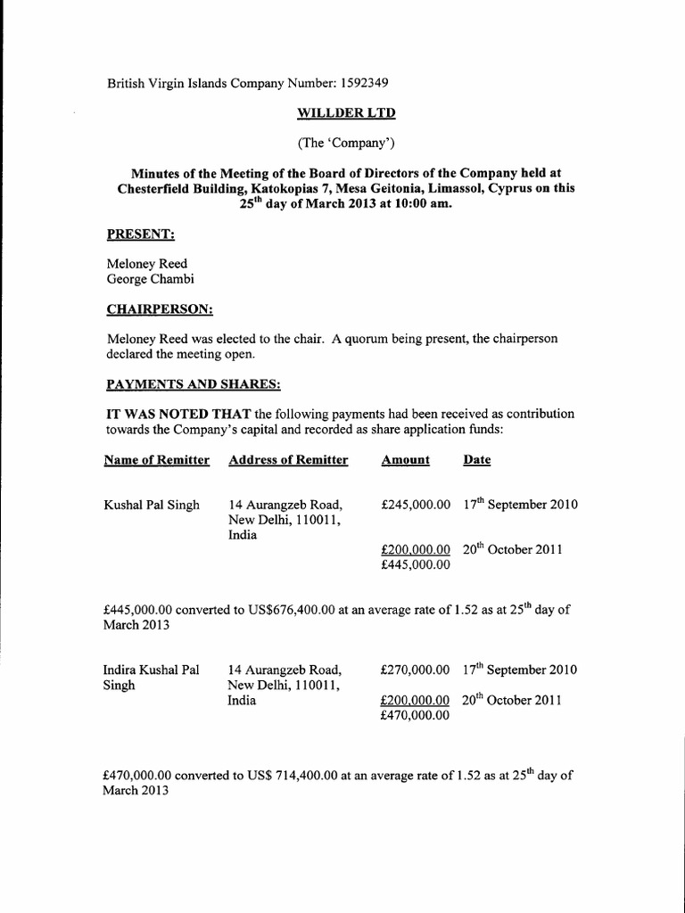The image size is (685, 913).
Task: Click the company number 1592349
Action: click(x=363, y=84)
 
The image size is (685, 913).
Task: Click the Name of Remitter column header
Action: click(x=157, y=460)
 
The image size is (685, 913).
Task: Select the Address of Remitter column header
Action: click(x=288, y=460)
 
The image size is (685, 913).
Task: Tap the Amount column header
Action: click(x=405, y=460)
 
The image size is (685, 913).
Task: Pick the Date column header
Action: click(x=476, y=460)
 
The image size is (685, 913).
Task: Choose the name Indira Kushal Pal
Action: click(x=151, y=670)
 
